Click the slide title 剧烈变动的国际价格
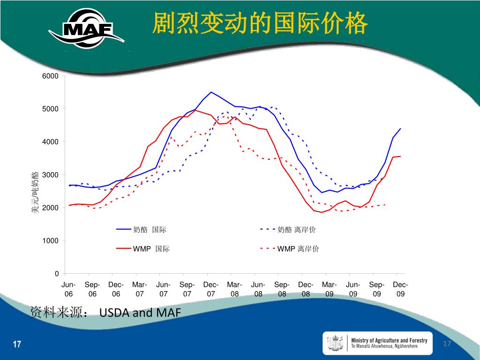[260, 23]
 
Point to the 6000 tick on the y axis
[51, 76]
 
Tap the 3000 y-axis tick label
[51, 175]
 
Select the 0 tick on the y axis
[57, 274]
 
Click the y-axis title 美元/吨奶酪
[35, 193]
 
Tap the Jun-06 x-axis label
[69, 289]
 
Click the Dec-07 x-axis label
[211, 289]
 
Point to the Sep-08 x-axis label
[282, 289]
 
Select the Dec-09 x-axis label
[400, 289]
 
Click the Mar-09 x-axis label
[330, 289]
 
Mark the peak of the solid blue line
[211, 92]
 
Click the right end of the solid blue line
[401, 128]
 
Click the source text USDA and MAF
[140, 313]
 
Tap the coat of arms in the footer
[336, 343]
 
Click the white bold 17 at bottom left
[17, 345]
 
